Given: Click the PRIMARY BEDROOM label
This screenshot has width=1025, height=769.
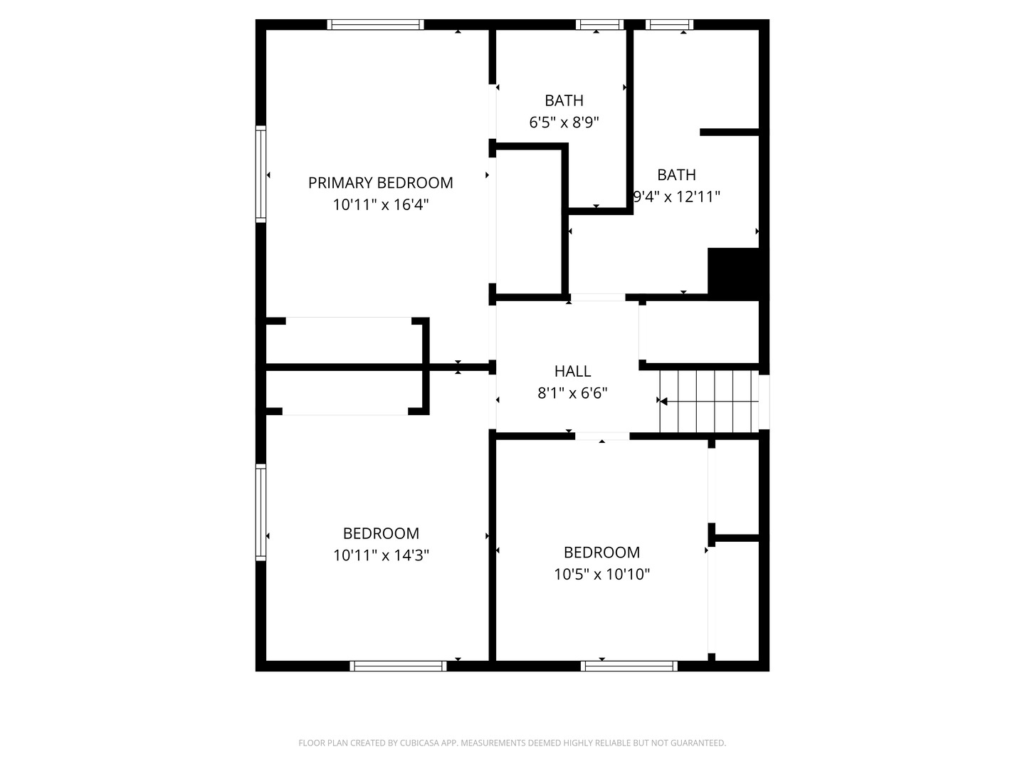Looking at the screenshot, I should point(380,182).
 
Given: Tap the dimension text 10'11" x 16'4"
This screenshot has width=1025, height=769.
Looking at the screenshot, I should point(381,205).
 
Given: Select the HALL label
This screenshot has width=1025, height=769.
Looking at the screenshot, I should point(572,371).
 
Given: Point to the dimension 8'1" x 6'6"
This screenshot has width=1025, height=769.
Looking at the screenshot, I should point(572,393).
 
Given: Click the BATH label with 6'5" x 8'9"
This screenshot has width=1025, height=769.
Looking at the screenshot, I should point(564,100).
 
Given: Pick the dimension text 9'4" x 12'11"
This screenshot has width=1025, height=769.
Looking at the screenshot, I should point(677,197).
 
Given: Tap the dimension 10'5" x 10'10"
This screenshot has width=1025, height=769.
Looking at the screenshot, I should point(601,574).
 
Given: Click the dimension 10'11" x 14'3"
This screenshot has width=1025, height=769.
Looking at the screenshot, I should point(381,555).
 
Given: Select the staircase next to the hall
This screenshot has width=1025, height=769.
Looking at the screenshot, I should point(709,402).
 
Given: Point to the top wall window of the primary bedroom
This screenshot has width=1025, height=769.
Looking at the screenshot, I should point(375,25).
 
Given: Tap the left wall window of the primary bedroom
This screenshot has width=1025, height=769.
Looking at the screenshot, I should point(261,174).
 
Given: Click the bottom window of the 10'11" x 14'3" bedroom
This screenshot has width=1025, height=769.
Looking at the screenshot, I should point(398,666).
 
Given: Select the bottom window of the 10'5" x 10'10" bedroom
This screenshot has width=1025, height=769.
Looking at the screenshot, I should point(629,666).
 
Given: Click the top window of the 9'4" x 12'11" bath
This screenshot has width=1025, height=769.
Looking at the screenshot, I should point(669,25).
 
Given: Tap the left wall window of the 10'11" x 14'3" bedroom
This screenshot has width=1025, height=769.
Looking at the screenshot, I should point(261,512).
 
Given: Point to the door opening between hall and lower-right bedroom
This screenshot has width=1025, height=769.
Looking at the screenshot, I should point(602,436).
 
